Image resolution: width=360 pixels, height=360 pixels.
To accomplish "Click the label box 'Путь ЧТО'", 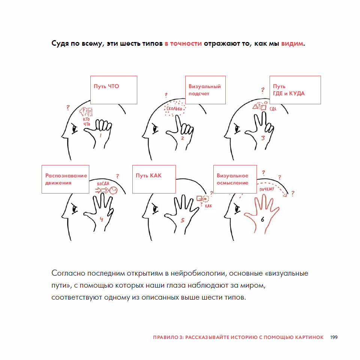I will click(x=113, y=90).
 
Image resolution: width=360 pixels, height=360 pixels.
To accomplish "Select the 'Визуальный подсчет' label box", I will click(x=205, y=90).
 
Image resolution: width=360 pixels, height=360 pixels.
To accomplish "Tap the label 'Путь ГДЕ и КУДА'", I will click(x=295, y=90).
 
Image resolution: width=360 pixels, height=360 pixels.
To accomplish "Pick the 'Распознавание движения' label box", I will click(x=65, y=179).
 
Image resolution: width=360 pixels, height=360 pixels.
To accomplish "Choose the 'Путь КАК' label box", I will click(x=154, y=179).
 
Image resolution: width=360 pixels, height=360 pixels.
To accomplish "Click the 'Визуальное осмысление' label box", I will click(x=235, y=179).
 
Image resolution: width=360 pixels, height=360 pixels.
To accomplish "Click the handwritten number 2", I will click(x=183, y=138).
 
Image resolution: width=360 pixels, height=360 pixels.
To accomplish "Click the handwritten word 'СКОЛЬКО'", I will click(x=174, y=109).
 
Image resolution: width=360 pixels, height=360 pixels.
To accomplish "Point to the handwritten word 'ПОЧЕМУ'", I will click(x=267, y=189).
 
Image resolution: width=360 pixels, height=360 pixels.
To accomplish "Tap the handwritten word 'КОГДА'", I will click(x=103, y=184).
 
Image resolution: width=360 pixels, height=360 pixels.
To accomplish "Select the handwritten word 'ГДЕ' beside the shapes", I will click(x=273, y=109).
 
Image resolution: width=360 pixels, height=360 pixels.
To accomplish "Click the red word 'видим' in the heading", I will click(x=292, y=43).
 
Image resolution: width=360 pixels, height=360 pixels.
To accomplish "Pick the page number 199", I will click(x=334, y=337).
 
